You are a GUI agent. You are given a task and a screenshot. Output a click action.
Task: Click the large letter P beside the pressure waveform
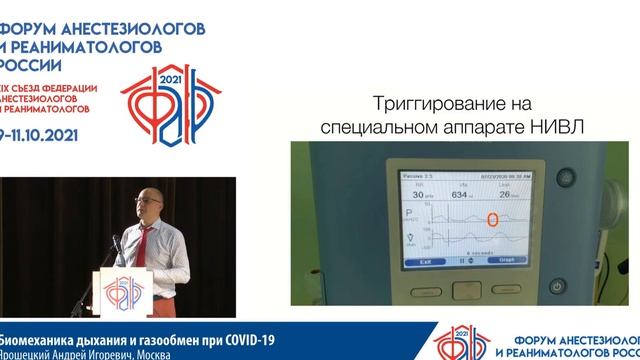click(x=409, y=214)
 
